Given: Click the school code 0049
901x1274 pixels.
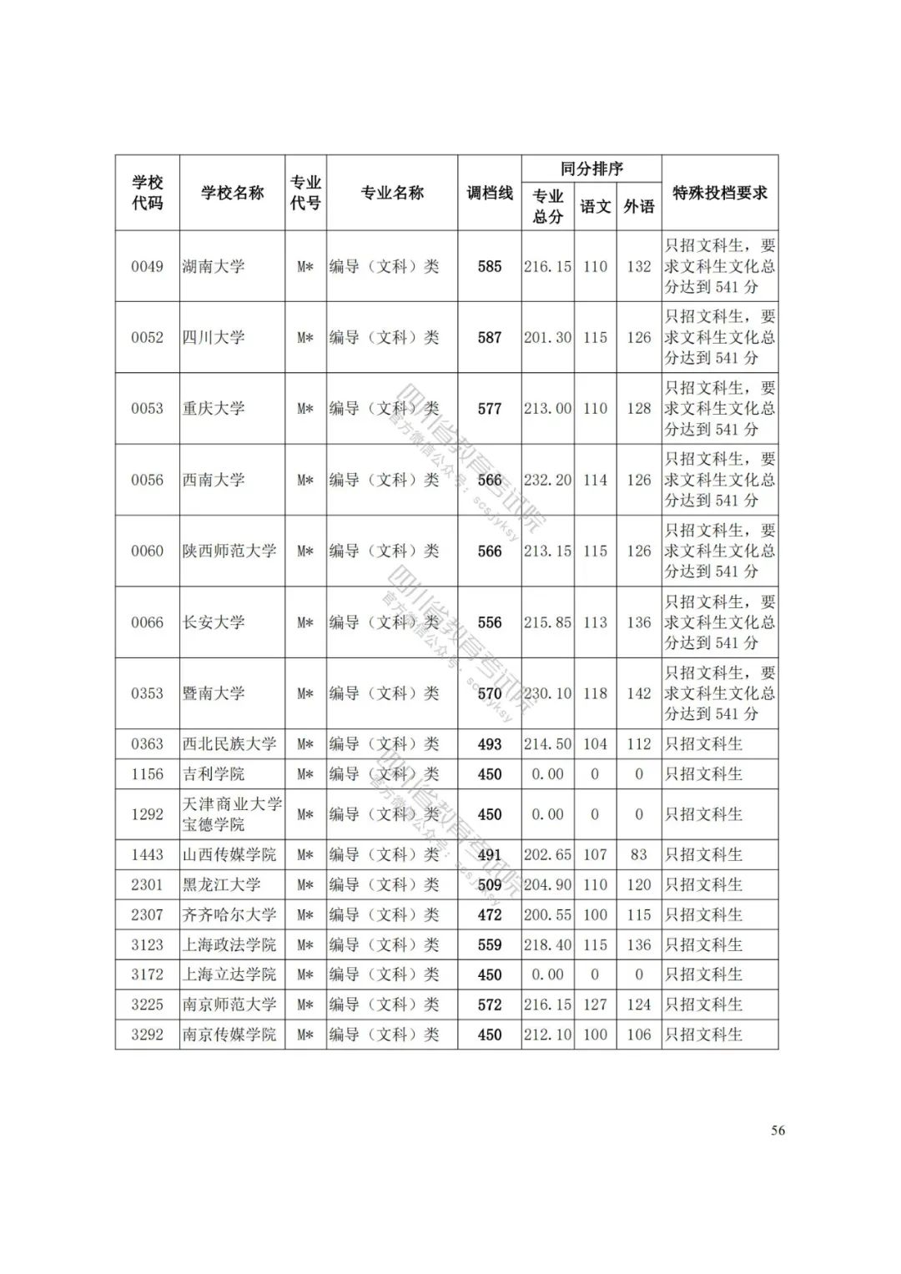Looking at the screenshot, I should tap(147, 267).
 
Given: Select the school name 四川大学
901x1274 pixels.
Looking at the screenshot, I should tap(214, 338).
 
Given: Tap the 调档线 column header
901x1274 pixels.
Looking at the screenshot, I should tap(490, 193).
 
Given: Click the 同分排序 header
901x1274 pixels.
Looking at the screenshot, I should tap(591, 169).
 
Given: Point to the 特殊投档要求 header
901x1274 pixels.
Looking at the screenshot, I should tap(719, 193).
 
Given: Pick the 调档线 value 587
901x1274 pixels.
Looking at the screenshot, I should tap(490, 338).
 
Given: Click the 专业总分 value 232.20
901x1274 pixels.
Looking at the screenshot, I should tap(547, 481).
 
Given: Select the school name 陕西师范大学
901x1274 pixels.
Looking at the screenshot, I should tap(229, 551).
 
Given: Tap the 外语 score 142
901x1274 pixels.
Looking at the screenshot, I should tap(639, 693).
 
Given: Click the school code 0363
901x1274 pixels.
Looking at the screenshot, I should tap(147, 744).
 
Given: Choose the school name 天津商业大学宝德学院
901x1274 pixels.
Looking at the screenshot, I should tap(232, 814).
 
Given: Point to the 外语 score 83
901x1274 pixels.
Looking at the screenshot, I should tap(639, 854).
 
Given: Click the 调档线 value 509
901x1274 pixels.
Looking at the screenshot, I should tap(490, 884).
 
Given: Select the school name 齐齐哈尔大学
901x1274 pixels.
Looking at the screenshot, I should tap(229, 914).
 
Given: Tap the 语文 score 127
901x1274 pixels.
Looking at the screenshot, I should tap(595, 1005).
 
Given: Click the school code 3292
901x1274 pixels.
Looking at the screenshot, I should tap(147, 1035).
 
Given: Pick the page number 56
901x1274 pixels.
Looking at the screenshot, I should tap(778, 1130).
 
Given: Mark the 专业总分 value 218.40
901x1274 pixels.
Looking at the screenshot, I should tap(547, 944).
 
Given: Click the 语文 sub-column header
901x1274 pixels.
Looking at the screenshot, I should tap(595, 206).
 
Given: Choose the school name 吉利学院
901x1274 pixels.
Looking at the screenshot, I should tap(214, 774).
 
